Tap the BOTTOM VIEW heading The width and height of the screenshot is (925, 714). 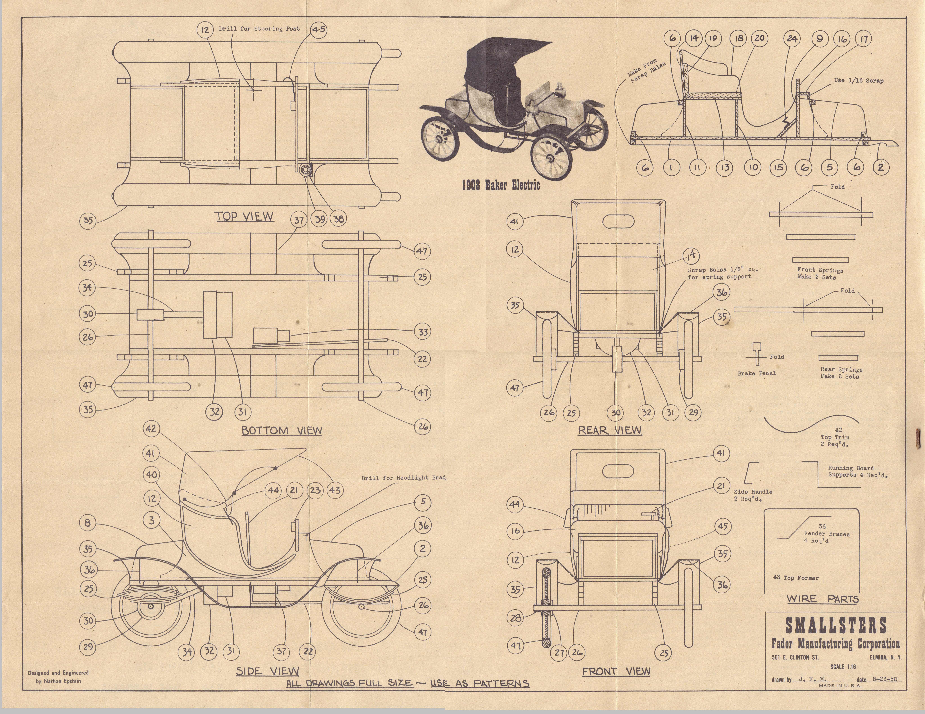pyautogui.click(x=282, y=431)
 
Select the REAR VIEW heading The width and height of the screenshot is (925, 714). pyautogui.click(x=610, y=431)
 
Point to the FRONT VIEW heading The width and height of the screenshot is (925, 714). pyautogui.click(x=616, y=671)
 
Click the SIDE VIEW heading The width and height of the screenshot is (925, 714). pyautogui.click(x=267, y=671)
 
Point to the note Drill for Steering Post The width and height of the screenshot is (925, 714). pyautogui.click(x=259, y=29)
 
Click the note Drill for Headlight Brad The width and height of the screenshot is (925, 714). pyautogui.click(x=403, y=478)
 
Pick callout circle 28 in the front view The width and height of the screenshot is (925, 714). pyautogui.click(x=515, y=618)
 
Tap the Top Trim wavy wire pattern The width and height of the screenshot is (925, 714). pyautogui.click(x=811, y=423)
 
